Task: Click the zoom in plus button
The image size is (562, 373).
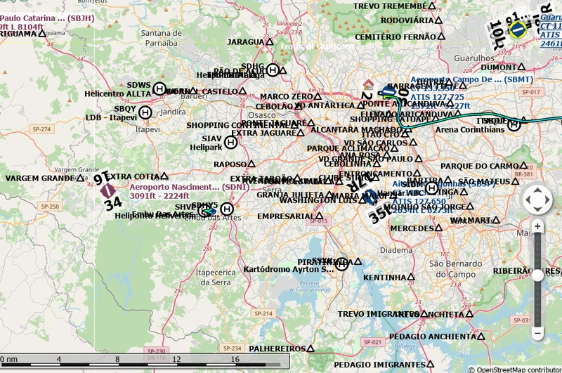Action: pyautogui.click(x=537, y=226)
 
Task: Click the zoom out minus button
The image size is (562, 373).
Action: pyautogui.click(x=537, y=332)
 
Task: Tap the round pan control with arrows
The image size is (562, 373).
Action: pyautogui.click(x=538, y=199)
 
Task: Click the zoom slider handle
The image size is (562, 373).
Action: pyautogui.click(x=537, y=275)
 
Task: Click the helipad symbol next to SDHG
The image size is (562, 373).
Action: pyautogui.click(x=273, y=70)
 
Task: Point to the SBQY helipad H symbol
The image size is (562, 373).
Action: pyautogui.click(x=145, y=112)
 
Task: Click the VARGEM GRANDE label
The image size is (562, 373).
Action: pyautogui.click(x=34, y=178)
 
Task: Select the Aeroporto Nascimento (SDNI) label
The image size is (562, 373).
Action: pyautogui.click(x=174, y=188)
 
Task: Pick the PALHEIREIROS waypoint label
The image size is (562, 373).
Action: pyautogui.click(x=277, y=348)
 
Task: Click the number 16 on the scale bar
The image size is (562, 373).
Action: pyautogui.click(x=235, y=359)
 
